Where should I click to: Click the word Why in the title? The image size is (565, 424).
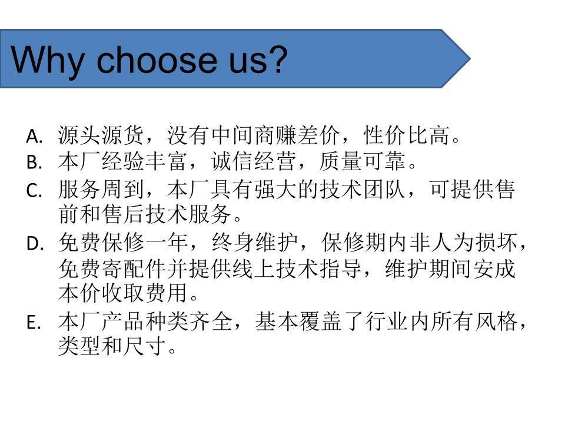point(48,61)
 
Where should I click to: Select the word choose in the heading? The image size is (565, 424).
point(157,59)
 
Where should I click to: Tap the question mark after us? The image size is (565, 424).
point(275,59)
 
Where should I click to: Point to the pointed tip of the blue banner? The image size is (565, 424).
point(470,58)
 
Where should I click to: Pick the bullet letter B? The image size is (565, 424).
point(34,163)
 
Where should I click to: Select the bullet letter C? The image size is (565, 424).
point(34,190)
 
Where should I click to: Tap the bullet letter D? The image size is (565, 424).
point(35,244)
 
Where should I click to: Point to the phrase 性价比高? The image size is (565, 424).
point(407,135)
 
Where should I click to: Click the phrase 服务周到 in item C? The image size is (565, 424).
point(101,189)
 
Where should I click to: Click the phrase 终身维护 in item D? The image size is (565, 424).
point(254,242)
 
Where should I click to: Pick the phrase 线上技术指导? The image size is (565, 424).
point(298,269)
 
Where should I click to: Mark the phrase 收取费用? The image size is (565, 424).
point(145,293)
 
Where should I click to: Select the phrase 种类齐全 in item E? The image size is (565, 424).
point(189,322)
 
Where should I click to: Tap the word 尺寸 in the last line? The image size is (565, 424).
point(145,346)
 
